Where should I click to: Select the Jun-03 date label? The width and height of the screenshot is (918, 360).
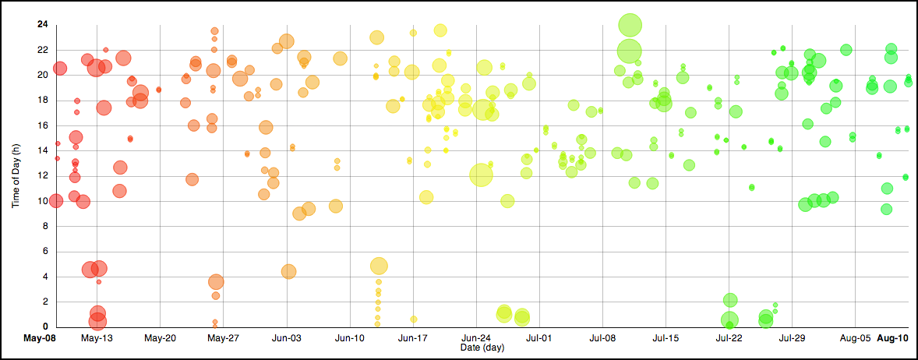287,338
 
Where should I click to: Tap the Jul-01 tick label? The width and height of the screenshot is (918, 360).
539,338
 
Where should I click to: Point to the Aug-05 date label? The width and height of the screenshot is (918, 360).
855,338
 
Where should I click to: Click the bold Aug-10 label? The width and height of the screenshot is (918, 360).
893,338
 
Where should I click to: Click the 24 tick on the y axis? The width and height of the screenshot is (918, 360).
42,25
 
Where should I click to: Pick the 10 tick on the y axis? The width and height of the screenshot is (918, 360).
42,201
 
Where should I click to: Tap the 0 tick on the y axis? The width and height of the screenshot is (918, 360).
44,326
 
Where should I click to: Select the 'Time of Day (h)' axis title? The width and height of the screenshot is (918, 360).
16,175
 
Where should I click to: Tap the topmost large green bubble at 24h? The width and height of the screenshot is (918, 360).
630,25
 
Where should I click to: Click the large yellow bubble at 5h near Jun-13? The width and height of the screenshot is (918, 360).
379,266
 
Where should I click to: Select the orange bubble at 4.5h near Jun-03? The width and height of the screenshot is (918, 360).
288,271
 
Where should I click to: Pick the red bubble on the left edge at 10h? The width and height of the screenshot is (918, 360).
55,200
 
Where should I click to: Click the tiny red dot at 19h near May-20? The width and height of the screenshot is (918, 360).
159,90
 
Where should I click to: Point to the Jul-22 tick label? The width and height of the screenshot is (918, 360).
729,338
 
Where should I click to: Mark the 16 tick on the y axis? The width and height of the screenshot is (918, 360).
42,125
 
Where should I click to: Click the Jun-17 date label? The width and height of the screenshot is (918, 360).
413,338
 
